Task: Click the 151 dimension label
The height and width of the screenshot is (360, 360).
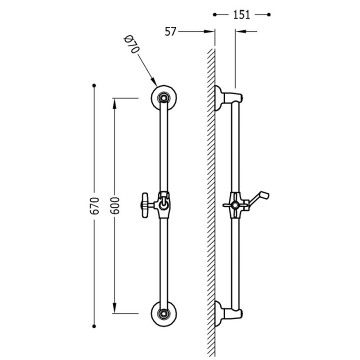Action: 241,15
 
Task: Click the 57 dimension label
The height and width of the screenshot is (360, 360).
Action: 170,31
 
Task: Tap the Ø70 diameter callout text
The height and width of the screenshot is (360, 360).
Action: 131,44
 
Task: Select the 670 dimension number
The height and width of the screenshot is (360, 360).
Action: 94,205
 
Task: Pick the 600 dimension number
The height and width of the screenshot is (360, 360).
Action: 115,205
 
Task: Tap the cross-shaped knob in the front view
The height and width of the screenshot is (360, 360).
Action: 145,205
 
